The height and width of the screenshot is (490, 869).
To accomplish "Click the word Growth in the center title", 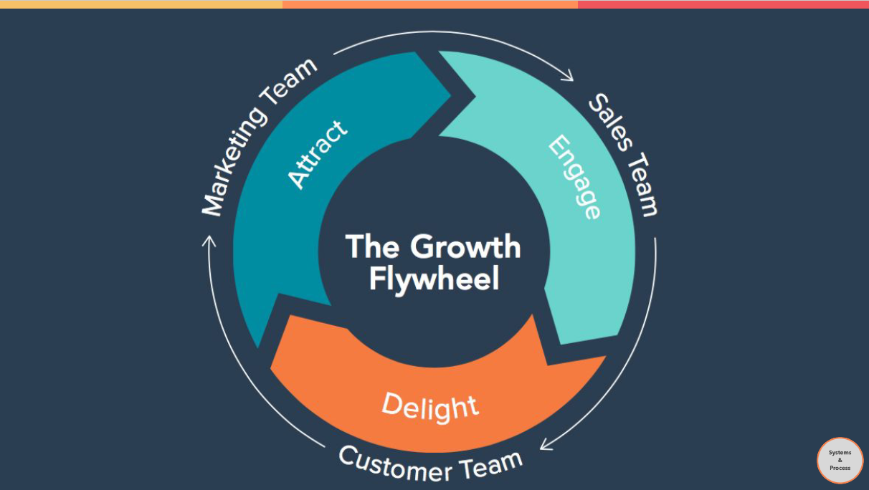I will click(465, 247).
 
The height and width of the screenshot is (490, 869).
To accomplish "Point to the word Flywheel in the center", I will click(433, 279).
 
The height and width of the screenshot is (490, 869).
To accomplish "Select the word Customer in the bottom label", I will click(395, 463).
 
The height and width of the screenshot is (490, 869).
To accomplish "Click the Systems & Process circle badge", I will click(840, 460).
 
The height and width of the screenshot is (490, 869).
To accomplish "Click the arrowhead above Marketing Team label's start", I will click(209, 241).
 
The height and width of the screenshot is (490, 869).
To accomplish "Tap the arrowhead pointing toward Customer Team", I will click(546, 445).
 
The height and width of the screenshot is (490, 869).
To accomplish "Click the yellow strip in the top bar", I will click(141, 4).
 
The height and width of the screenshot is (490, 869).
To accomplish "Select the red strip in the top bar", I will click(723, 4).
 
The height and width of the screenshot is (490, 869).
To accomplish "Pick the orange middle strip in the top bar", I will click(430, 4).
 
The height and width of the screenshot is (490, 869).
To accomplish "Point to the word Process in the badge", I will click(840, 468).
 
